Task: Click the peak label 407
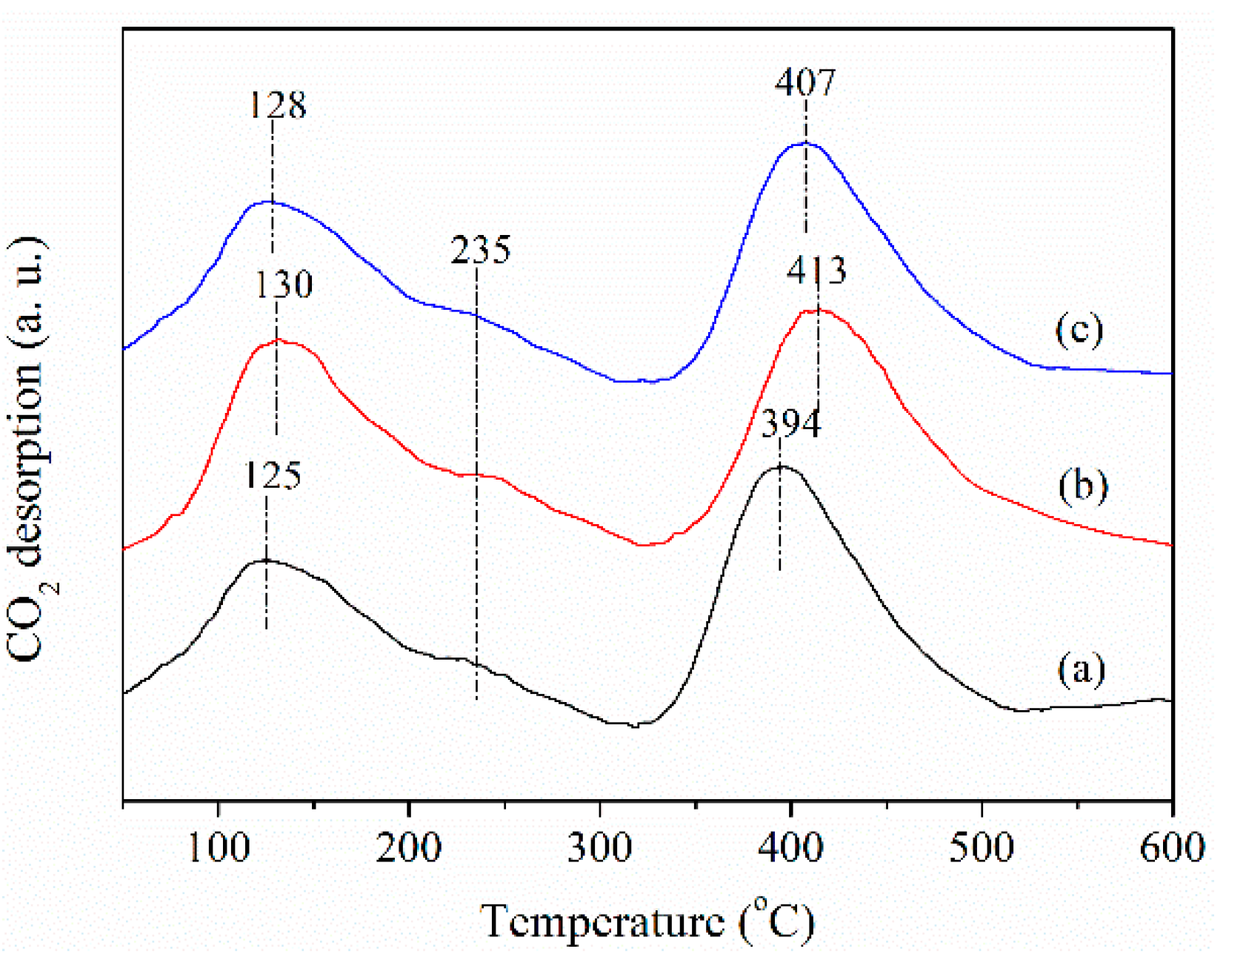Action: [805, 82]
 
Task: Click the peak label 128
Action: [276, 105]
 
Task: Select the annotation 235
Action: [481, 251]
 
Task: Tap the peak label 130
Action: [284, 285]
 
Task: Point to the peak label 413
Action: [816, 271]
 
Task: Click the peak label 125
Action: [273, 476]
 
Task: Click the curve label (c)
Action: [1079, 330]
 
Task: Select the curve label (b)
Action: [1083, 486]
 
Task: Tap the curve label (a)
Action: [1082, 669]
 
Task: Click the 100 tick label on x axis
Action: [219, 847]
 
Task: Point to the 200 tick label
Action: [408, 847]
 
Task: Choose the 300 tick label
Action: [599, 847]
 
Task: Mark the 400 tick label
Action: [790, 847]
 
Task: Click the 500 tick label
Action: [982, 847]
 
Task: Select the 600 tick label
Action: [1172, 847]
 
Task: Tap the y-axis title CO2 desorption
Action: [28, 449]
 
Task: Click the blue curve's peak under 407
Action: [805, 143]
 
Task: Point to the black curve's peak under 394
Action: [780, 466]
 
